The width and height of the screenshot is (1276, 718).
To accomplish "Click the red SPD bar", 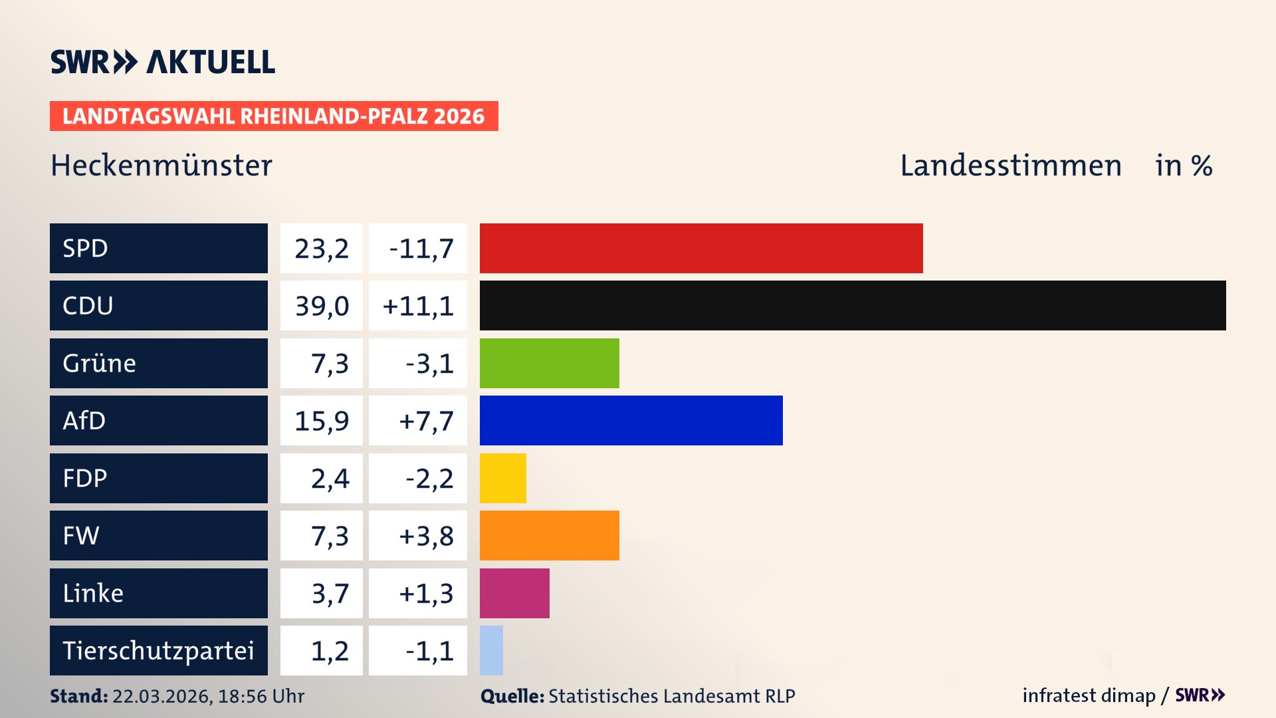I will pyautogui.click(x=701, y=248).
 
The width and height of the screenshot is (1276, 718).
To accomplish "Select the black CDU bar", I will pyautogui.click(x=853, y=305).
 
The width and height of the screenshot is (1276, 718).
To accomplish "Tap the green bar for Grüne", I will pyautogui.click(x=549, y=363).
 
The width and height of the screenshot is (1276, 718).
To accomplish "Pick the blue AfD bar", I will pyautogui.click(x=631, y=420).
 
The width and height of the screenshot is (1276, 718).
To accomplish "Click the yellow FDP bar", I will pyautogui.click(x=502, y=478).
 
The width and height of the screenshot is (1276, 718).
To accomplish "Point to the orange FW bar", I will pyautogui.click(x=549, y=535).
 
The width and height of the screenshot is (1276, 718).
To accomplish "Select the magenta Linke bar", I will pyautogui.click(x=514, y=593).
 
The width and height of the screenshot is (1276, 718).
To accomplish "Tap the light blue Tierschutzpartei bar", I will pyautogui.click(x=491, y=650).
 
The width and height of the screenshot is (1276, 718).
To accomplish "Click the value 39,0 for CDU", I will pyautogui.click(x=322, y=306).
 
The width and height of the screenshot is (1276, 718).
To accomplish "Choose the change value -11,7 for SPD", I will pyautogui.click(x=421, y=249).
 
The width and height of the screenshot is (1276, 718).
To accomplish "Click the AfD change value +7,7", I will pyautogui.click(x=425, y=421).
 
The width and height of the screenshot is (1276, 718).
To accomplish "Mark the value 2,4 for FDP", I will pyautogui.click(x=330, y=479).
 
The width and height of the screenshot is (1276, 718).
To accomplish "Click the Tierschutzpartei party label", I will pyautogui.click(x=158, y=650).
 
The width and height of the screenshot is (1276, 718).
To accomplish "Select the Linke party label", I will pyautogui.click(x=93, y=593).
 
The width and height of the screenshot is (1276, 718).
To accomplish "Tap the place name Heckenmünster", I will pyautogui.click(x=161, y=166).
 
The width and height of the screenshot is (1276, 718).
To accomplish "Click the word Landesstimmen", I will pyautogui.click(x=1010, y=166).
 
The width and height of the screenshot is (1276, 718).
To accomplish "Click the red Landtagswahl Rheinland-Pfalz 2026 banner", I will pyautogui.click(x=274, y=116).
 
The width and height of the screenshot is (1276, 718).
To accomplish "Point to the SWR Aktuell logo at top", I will pyautogui.click(x=163, y=62).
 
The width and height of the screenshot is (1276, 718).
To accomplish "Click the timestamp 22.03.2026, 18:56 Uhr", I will pyautogui.click(x=208, y=696).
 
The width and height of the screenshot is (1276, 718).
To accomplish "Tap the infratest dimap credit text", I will pyautogui.click(x=1089, y=695).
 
